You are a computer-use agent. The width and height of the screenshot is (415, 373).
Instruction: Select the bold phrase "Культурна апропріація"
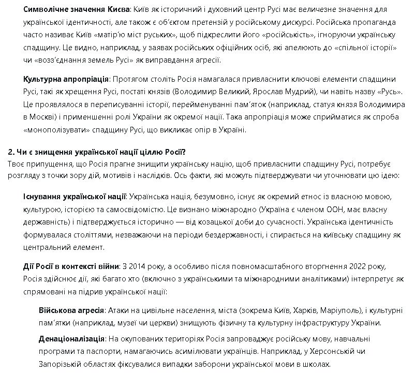point(66,79)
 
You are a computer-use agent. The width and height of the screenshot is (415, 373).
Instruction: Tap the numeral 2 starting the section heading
point(10,152)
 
